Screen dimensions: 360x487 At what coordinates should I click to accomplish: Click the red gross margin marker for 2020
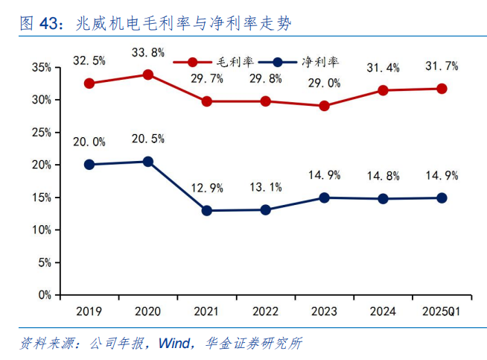tap(147, 75)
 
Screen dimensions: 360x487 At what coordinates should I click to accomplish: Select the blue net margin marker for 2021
tap(206, 211)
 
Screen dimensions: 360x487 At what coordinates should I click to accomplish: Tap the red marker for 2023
tap(324, 106)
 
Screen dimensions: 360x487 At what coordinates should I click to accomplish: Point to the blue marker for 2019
tap(89, 165)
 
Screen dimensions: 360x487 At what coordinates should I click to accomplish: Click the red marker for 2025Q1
tap(442, 89)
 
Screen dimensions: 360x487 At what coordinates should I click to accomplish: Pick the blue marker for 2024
tap(383, 199)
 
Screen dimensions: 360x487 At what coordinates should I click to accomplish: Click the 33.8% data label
tap(147, 52)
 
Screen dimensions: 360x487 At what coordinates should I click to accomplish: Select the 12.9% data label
tap(206, 188)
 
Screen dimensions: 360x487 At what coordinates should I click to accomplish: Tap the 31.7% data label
tap(442, 66)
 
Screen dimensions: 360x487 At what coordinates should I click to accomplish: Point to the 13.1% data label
tap(265, 187)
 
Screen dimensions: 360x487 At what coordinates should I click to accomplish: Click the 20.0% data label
tap(89, 142)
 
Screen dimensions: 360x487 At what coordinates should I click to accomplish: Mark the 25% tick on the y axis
tap(42, 132)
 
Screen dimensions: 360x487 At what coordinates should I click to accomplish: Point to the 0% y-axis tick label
tap(45, 294)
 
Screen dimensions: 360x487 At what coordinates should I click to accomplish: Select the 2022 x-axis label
tap(265, 310)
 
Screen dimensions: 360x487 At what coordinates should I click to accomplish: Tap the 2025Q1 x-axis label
tap(442, 310)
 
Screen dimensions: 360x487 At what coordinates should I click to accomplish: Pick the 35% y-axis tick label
tap(42, 67)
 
